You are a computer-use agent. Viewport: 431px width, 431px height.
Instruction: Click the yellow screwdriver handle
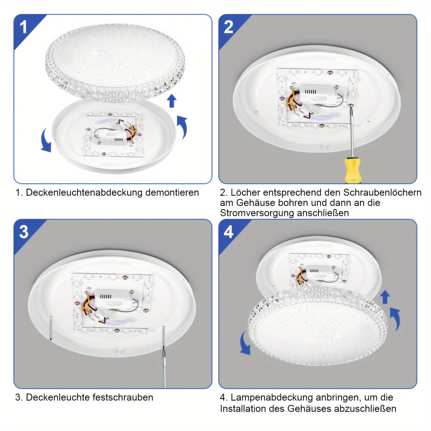coord(352,170)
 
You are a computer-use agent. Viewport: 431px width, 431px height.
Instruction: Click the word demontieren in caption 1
coord(172,192)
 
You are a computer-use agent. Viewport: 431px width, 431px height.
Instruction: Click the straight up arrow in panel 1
coord(172,101)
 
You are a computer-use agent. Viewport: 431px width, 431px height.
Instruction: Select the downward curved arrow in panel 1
coord(46,141)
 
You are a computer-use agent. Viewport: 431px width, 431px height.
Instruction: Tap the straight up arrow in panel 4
coord(385,297)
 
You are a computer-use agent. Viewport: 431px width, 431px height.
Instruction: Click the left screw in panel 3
coord(51,329)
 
